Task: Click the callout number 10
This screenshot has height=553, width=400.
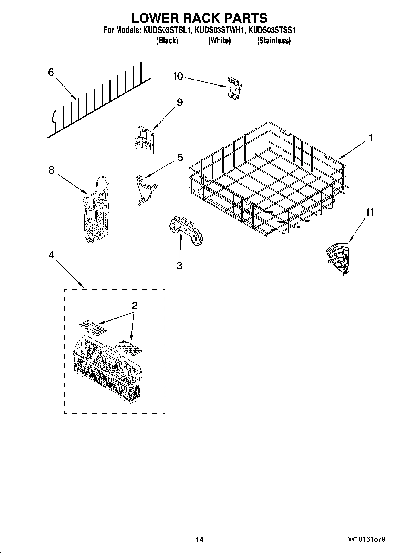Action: pyautogui.click(x=178, y=77)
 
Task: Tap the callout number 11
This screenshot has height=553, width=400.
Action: pyautogui.click(x=370, y=212)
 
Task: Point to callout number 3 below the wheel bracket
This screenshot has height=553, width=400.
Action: pyautogui.click(x=179, y=266)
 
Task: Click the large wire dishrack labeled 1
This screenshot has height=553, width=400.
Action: pyautogui.click(x=269, y=179)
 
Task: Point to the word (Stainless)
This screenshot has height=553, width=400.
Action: pyautogui.click(x=274, y=40)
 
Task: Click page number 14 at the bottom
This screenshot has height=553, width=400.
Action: pyautogui.click(x=199, y=540)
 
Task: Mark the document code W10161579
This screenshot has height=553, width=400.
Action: pyautogui.click(x=366, y=539)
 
